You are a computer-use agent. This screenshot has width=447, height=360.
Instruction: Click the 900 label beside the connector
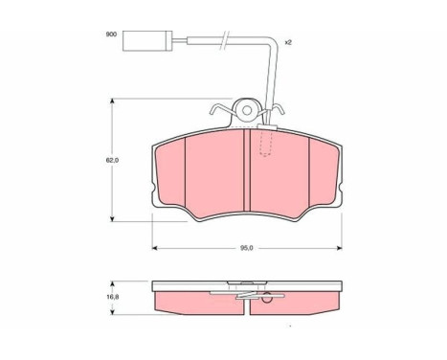point(111,34)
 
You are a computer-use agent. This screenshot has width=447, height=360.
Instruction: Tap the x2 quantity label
point(288,42)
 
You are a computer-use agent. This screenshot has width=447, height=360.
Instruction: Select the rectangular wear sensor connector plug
point(147,40)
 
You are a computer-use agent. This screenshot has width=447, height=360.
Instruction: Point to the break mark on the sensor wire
point(224,40)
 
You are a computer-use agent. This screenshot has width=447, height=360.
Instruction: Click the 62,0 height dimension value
point(112,161)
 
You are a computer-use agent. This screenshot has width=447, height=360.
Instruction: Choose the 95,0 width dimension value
point(247,248)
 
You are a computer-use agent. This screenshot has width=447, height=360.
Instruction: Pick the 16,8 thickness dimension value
point(113,297)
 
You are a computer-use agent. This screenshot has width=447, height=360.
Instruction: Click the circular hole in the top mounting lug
point(247,110)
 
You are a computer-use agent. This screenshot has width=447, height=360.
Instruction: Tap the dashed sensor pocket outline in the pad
point(266,143)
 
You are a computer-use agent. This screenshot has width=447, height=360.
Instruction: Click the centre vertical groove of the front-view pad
point(247,169)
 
